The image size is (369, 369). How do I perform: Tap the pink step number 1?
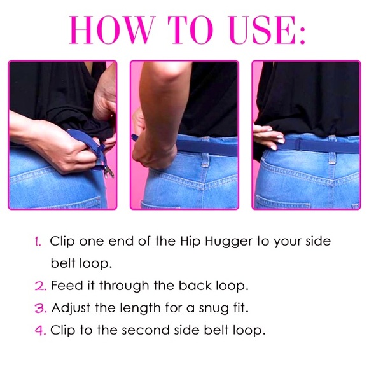pos(38,242)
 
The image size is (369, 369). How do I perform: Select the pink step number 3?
pos(38,308)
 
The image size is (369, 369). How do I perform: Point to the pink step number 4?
pos(38,330)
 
